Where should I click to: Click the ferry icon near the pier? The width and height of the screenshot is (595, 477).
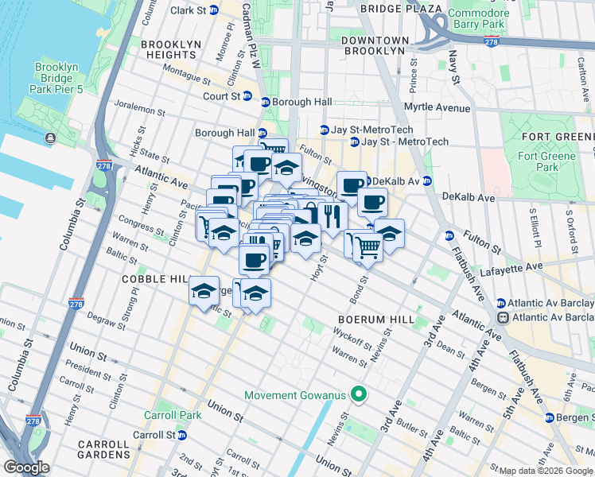(x=51, y=138)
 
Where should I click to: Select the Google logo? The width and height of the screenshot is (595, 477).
(x=27, y=467)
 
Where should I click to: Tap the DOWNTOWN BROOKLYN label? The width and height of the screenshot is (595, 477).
(x=375, y=45)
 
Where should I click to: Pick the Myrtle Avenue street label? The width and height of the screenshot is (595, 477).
(x=437, y=107)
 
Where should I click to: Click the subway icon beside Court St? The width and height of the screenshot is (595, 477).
(x=247, y=97)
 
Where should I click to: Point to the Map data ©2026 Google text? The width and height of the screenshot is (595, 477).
(x=546, y=471)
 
